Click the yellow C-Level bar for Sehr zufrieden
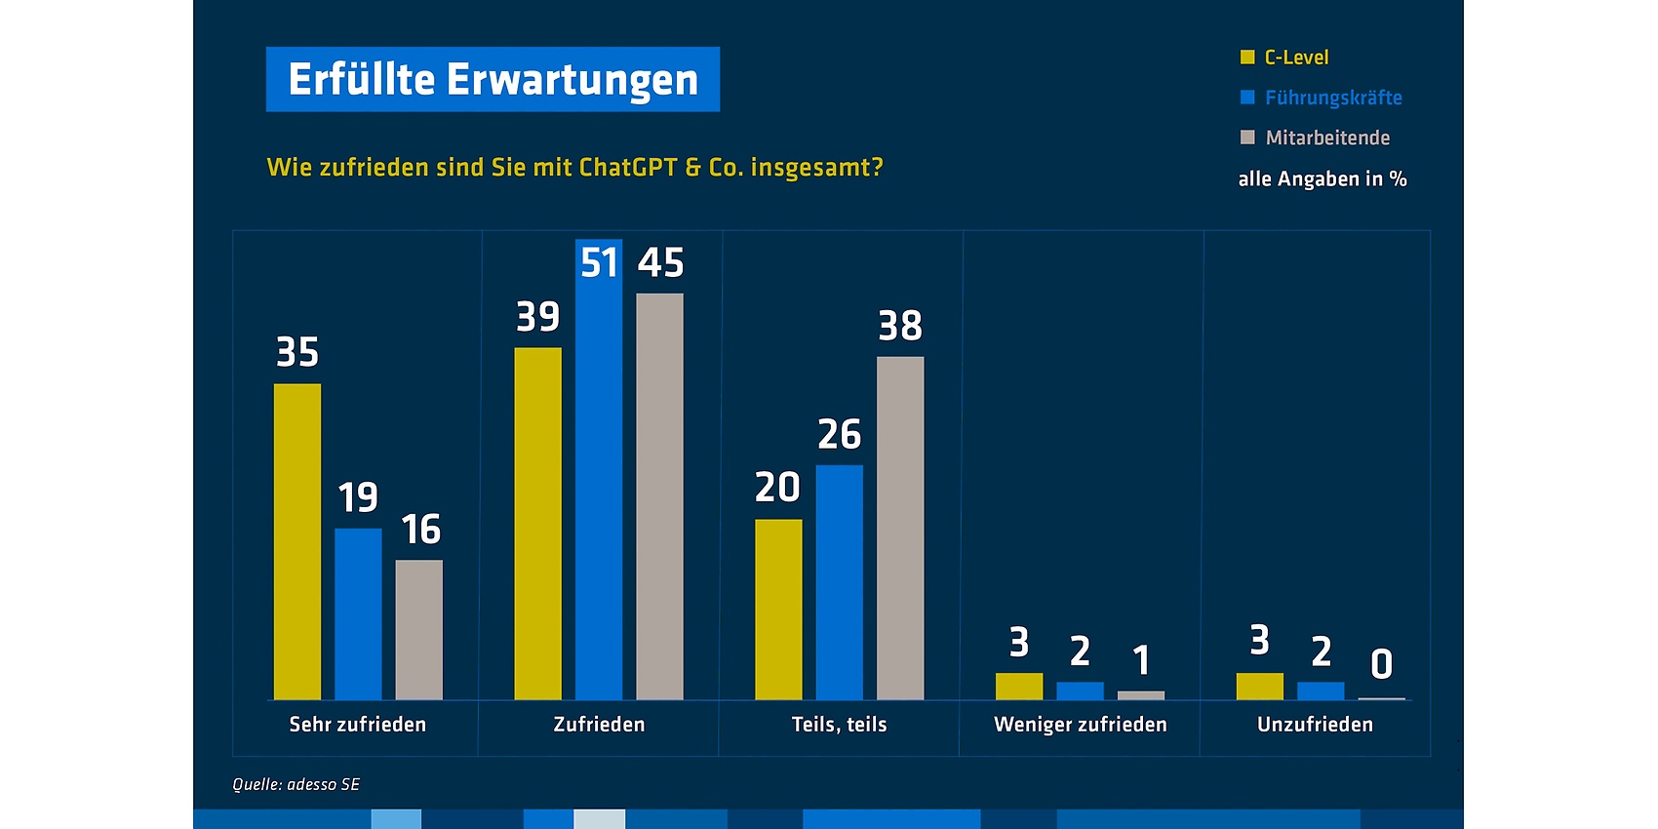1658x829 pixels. coord(297,541)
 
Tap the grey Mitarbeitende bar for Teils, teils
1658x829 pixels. coord(900,528)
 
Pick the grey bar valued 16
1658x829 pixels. coord(419,629)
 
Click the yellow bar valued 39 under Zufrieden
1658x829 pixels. coord(537,523)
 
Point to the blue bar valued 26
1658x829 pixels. coord(840,582)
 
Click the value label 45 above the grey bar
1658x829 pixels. coord(661,262)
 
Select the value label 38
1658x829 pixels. coord(900,326)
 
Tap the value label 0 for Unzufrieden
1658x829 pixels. coord(1381,664)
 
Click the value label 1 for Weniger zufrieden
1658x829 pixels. coord(1141,660)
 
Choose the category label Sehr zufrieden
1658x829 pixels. coord(358,725)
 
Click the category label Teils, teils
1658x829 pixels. coord(840,725)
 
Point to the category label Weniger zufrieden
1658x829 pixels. coord(1081,725)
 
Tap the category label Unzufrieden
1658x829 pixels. coord(1315,725)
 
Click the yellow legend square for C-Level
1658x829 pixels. coord(1247,58)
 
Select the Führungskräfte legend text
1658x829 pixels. coord(1333,98)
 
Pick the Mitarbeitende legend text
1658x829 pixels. coord(1327,138)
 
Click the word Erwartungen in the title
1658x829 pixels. coord(572,79)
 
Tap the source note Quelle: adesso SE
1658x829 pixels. coord(296,784)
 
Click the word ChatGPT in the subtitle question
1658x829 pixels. coord(628,168)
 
